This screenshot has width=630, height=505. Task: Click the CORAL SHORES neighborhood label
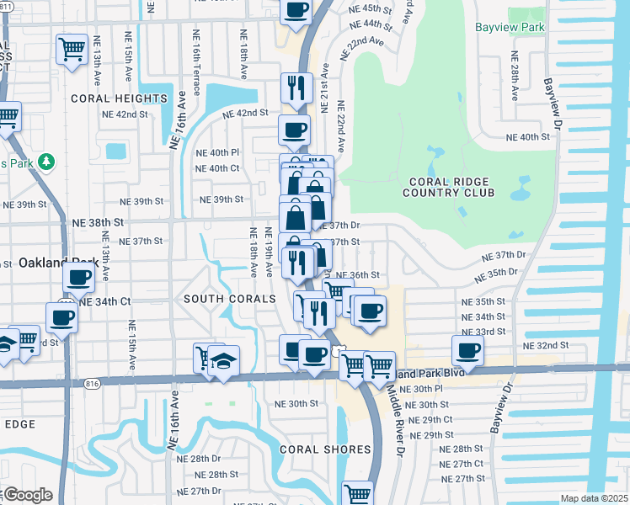coord(323,449)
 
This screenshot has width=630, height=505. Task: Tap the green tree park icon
coord(48,161)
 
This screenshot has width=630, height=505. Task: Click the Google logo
coord(27,495)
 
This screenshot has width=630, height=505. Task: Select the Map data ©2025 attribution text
coord(594,498)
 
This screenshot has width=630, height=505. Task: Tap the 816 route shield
coord(91,383)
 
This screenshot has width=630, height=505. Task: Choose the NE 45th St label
coord(370,8)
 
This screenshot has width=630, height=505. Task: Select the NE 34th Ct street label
coord(105,300)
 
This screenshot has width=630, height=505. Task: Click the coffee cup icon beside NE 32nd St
coord(467,350)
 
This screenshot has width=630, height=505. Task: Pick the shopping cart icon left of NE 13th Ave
coord(72,48)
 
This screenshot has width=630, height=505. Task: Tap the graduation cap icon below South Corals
coord(223,360)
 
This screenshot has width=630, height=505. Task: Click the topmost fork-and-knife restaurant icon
coord(296,87)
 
